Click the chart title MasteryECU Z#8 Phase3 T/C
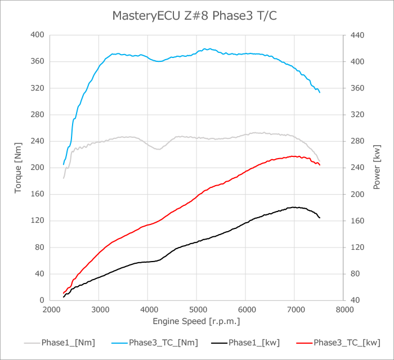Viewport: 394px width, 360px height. click(194, 16)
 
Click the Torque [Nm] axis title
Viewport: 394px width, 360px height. click(19, 167)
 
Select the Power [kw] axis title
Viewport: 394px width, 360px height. click(377, 167)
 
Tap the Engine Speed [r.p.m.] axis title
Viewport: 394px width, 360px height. click(196, 321)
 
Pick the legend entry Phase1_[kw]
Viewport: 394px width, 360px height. click(251, 342)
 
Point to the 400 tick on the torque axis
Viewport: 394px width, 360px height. click(37, 35)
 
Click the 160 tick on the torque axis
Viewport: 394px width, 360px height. click(37, 194)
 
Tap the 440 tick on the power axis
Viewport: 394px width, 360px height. click(359, 35)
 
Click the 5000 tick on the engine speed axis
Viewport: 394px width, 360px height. click(196, 309)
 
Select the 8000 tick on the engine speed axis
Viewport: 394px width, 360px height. click(343, 309)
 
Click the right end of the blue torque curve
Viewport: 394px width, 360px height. click(320, 92)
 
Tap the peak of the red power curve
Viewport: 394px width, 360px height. click(293, 156)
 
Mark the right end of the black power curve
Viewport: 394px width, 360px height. click(320, 218)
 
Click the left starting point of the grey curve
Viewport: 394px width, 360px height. click(64, 178)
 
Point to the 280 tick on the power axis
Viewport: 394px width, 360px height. click(359, 141)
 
